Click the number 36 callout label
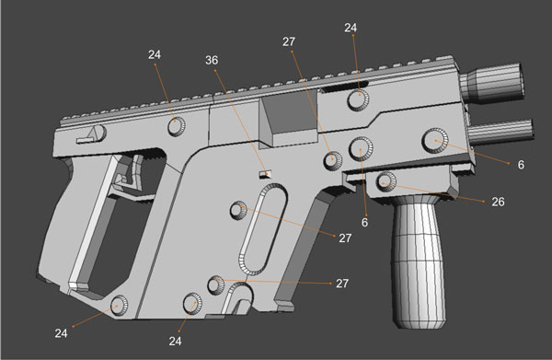213,61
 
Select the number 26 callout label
499,201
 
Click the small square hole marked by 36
264,171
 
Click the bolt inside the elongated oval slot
239,211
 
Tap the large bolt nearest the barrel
435,139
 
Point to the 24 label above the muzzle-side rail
350,29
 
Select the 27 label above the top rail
288,41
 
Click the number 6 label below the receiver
365,223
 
